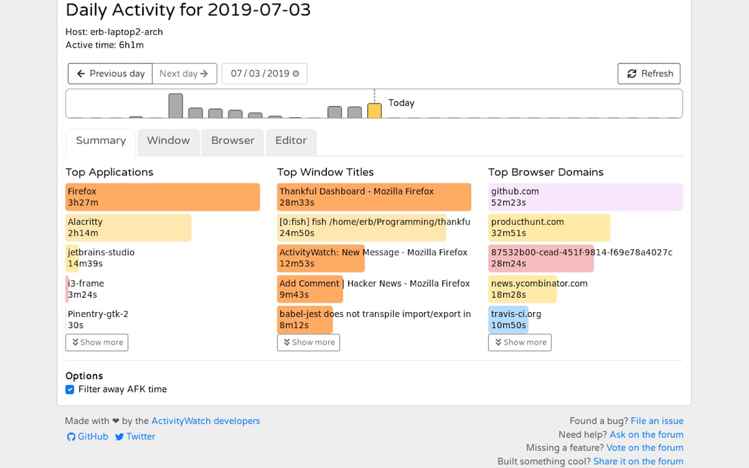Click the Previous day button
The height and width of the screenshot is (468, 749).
(110, 74)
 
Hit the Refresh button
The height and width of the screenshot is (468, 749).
(649, 74)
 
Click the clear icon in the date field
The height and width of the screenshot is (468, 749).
(296, 74)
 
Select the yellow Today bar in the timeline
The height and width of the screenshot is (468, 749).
(375, 111)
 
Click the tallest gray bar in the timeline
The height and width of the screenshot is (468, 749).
(176, 106)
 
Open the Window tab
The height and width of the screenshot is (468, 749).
(168, 141)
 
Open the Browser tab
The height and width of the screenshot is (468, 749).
(232, 141)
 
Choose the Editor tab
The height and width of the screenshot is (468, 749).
(291, 141)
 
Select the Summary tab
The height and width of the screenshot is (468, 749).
(101, 141)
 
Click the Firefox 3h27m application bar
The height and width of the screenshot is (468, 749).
(162, 197)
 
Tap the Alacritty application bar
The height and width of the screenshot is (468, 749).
(128, 227)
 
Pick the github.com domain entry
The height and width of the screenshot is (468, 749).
(585, 197)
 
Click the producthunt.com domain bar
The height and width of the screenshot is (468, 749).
(549, 227)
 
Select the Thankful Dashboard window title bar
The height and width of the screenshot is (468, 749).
(374, 197)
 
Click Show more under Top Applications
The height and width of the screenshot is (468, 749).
(97, 342)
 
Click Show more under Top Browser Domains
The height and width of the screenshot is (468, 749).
(520, 342)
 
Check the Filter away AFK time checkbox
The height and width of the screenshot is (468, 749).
(70, 390)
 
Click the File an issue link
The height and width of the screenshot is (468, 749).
(657, 421)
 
